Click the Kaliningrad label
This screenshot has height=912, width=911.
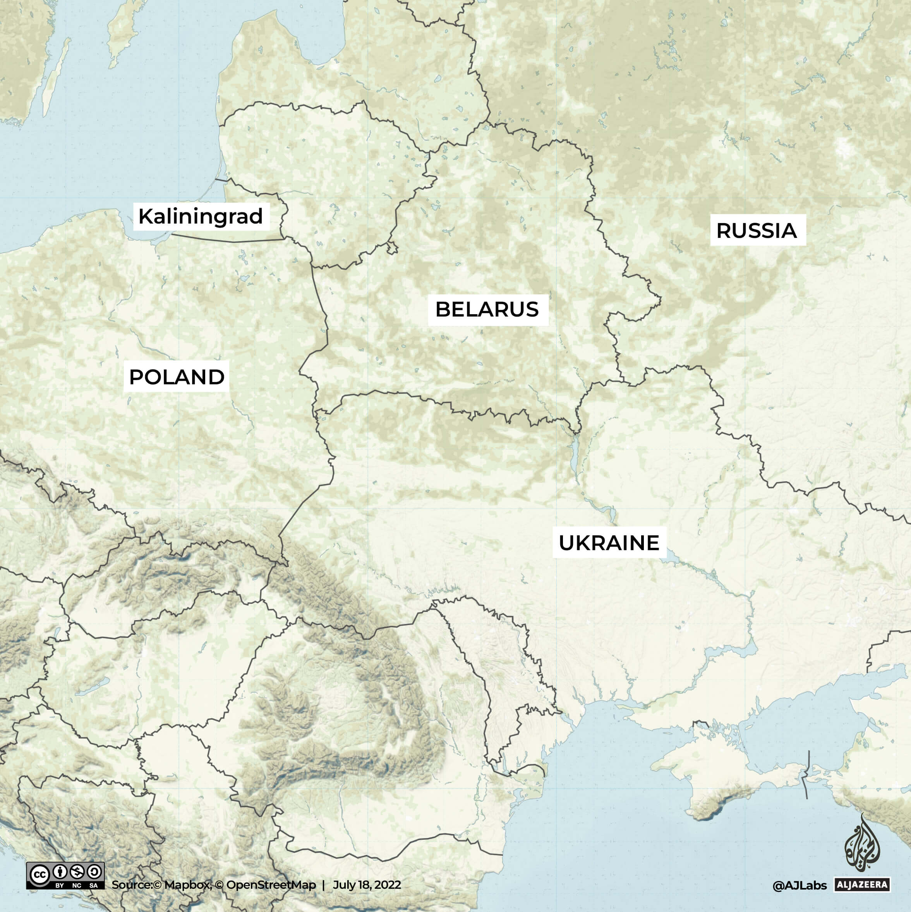(201, 217)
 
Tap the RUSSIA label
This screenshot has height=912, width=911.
(757, 231)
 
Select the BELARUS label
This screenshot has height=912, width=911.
(487, 310)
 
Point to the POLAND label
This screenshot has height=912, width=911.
(177, 377)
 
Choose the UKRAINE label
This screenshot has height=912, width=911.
(609, 543)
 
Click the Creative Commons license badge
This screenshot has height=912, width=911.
(65, 876)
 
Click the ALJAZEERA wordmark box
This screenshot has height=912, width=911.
(862, 884)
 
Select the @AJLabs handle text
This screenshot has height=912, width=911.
(799, 886)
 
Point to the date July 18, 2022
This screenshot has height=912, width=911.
(367, 884)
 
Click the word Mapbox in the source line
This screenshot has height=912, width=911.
(187, 884)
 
